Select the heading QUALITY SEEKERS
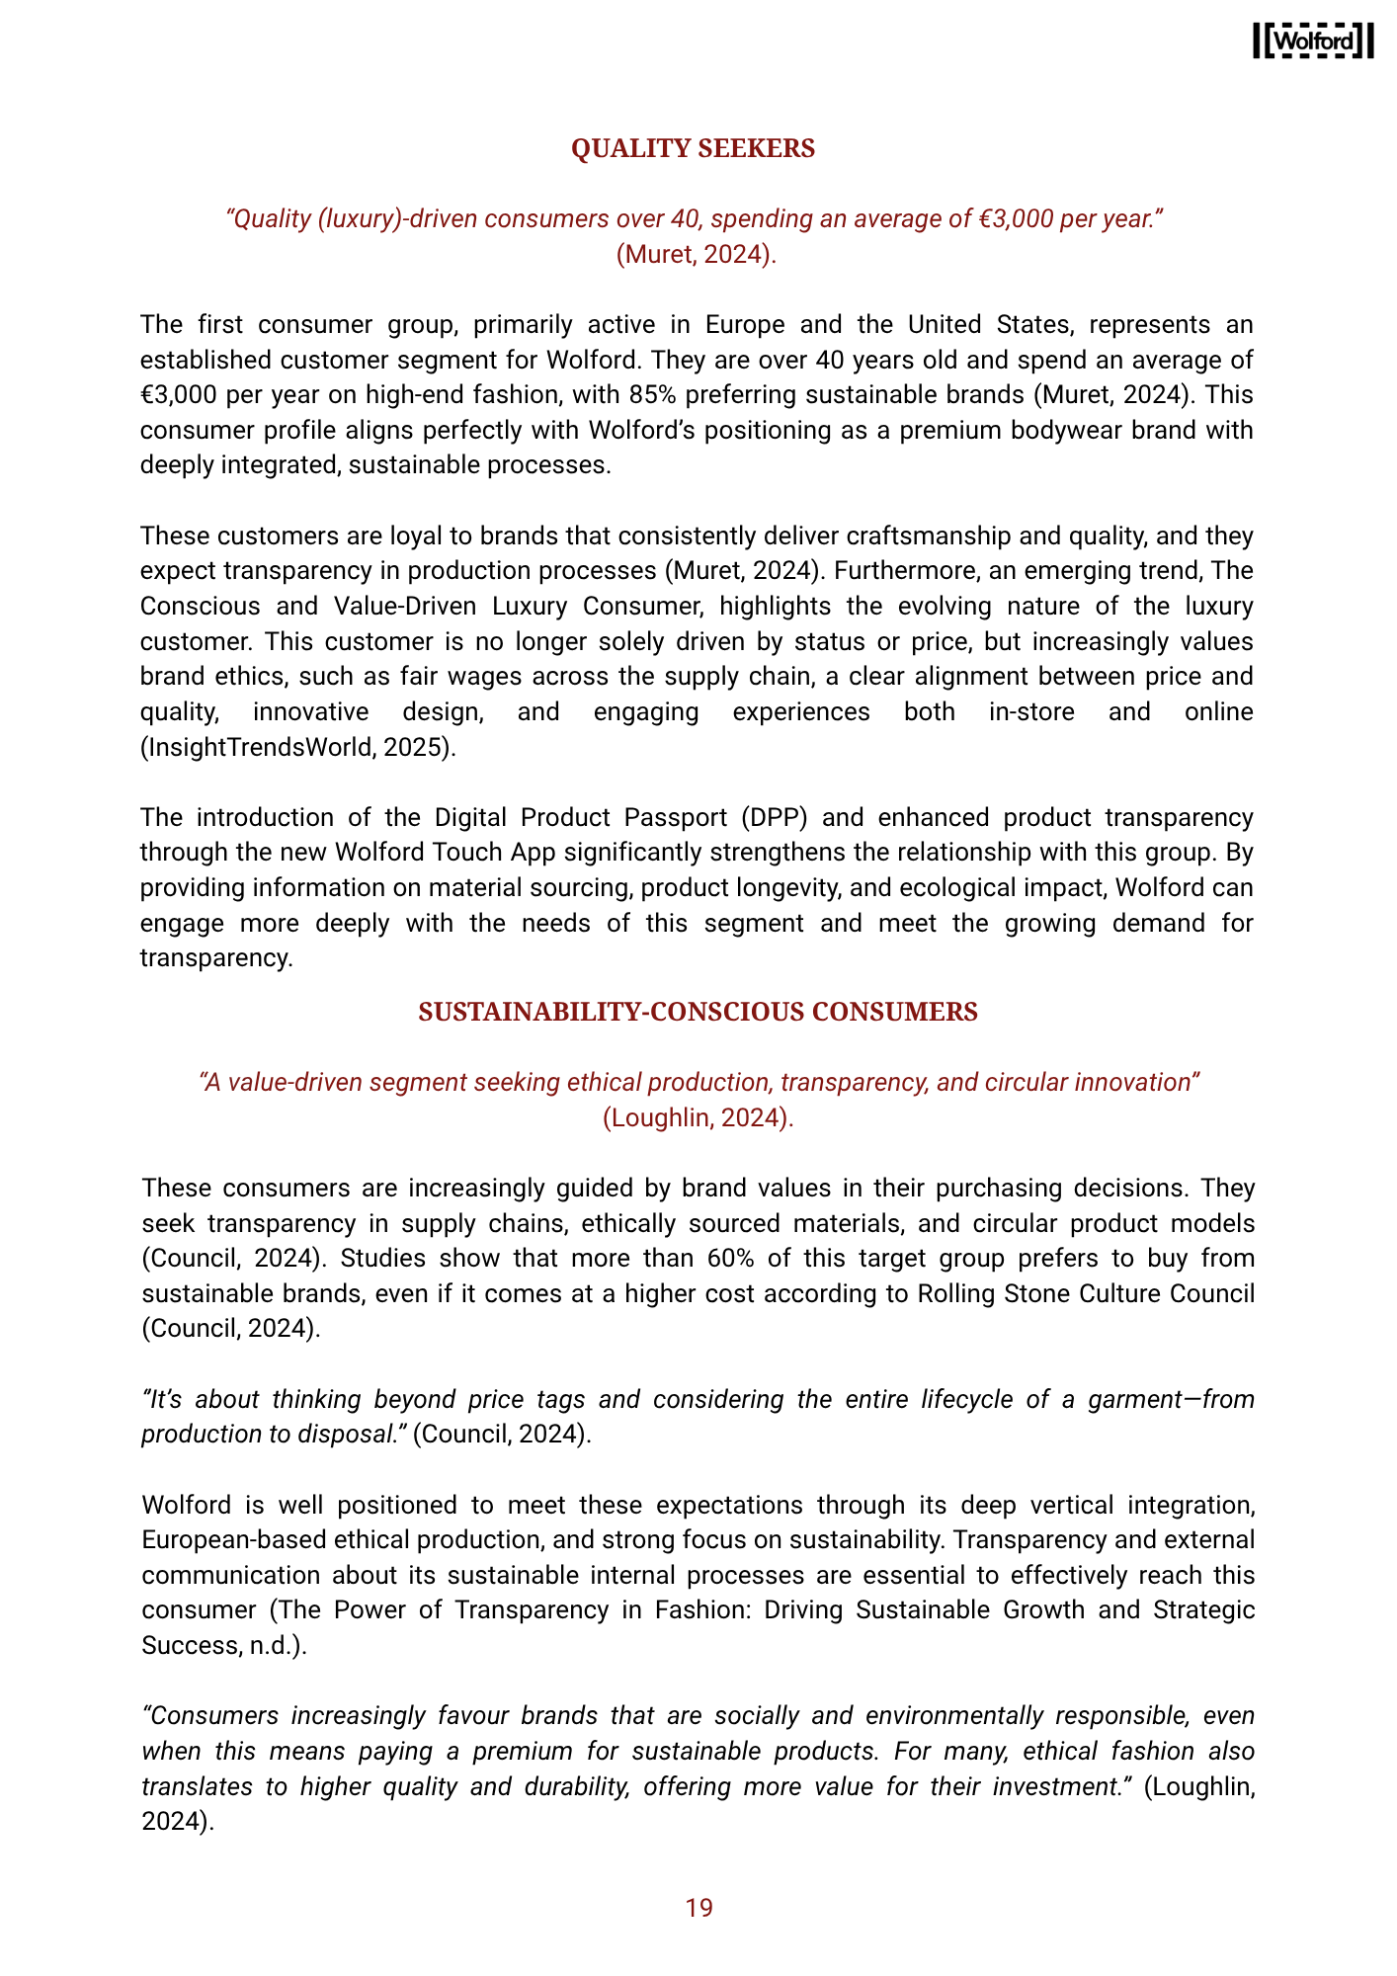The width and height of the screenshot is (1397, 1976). (x=694, y=148)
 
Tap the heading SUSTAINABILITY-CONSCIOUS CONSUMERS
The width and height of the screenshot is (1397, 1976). (x=698, y=1012)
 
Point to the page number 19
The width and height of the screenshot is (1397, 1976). (x=698, y=1908)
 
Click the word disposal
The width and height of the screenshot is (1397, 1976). (x=351, y=1435)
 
